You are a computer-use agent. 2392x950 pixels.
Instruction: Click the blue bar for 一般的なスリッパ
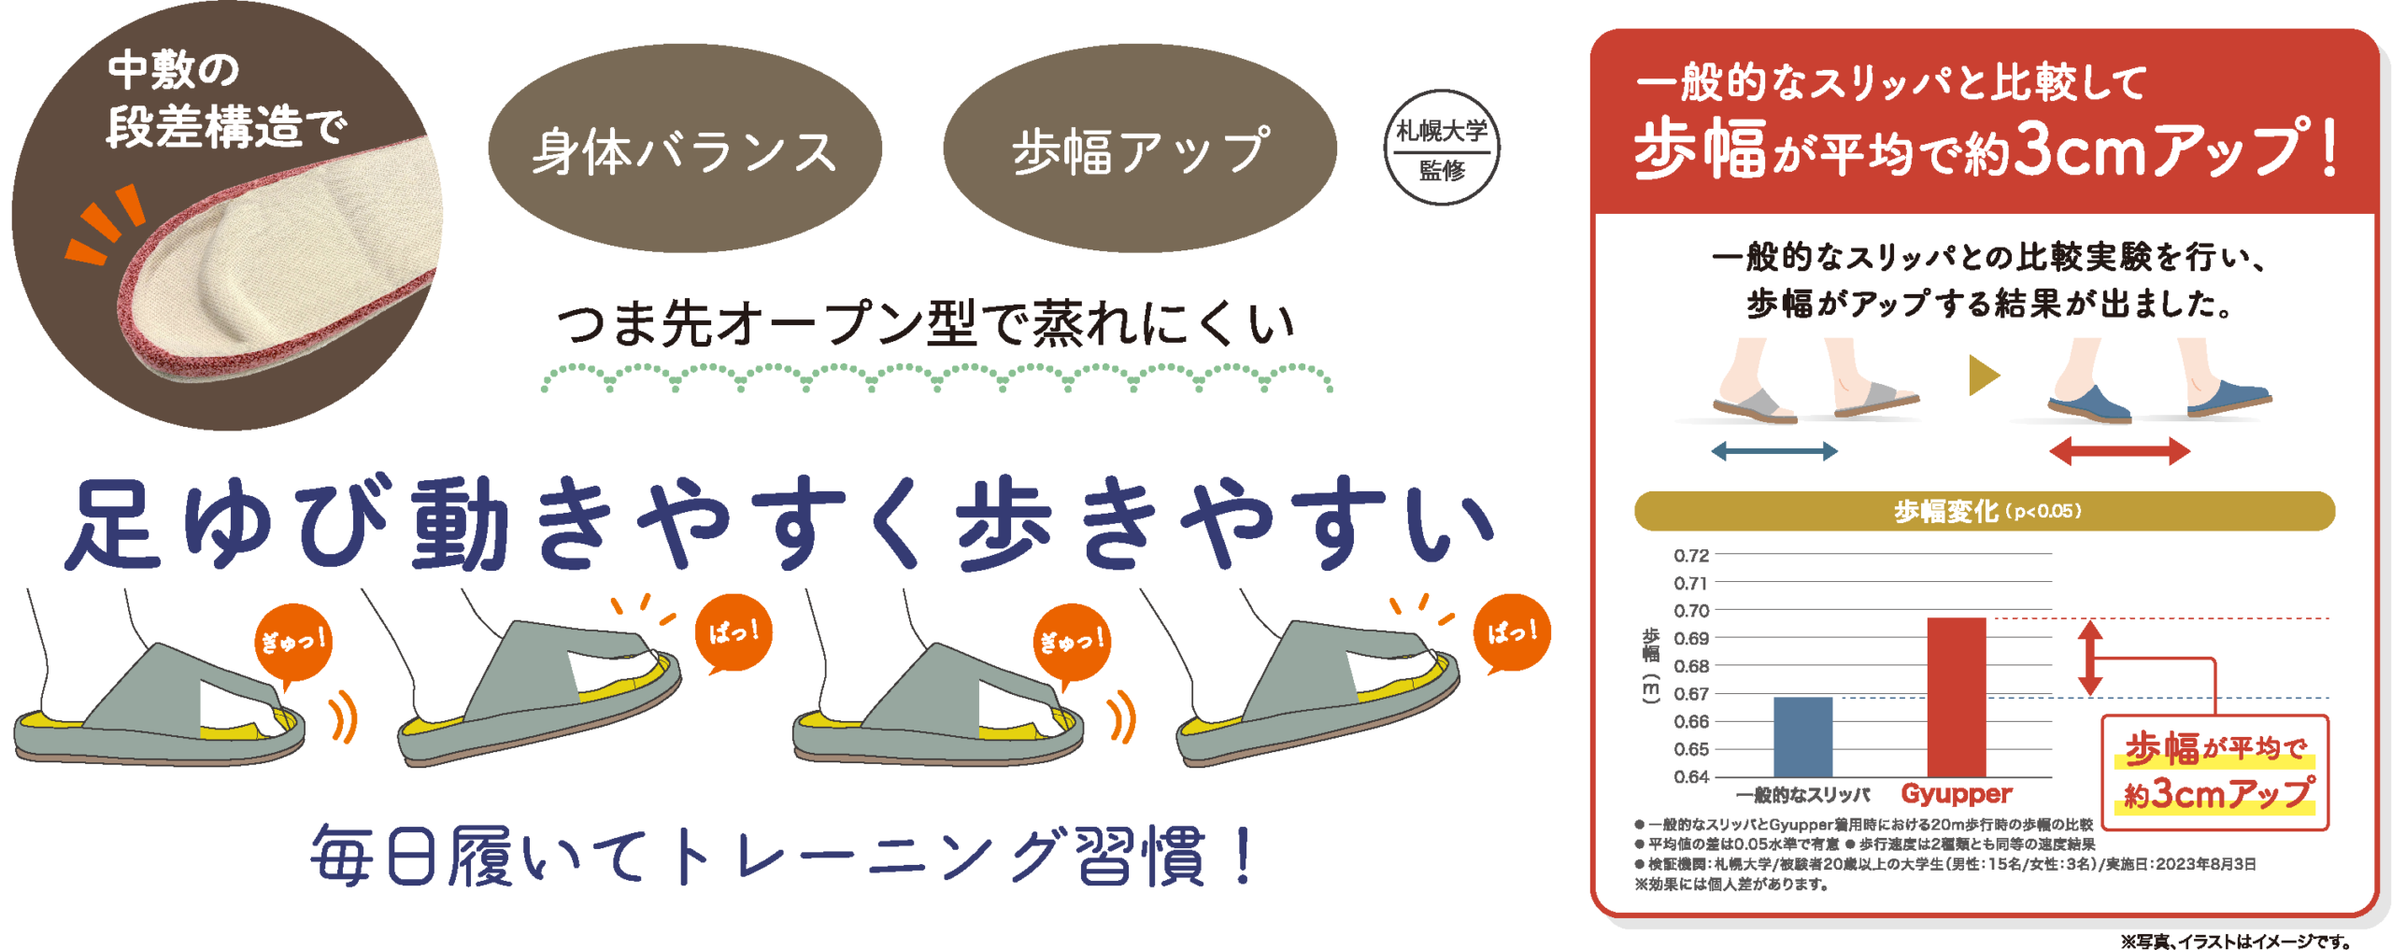(x=1802, y=736)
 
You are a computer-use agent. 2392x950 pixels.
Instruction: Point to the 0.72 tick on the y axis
(x=1691, y=555)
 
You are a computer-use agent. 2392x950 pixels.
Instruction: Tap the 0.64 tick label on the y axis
(x=1691, y=776)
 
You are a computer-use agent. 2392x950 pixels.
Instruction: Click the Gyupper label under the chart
(x=1956, y=794)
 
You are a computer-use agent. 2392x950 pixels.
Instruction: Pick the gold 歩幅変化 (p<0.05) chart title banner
(x=1984, y=511)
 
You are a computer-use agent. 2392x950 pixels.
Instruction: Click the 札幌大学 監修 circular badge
(x=1442, y=149)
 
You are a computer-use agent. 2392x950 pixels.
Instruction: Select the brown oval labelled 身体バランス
(x=685, y=149)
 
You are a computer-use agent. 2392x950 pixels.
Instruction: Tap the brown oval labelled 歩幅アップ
(x=1140, y=149)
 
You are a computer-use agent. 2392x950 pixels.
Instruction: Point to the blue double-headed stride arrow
(x=1774, y=452)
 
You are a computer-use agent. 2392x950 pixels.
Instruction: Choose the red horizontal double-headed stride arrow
(x=2119, y=452)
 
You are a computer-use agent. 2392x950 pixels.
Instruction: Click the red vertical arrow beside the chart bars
(x=2090, y=658)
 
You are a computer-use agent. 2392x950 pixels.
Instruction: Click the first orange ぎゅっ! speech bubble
(x=292, y=642)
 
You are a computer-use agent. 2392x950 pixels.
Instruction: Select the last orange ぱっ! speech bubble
(x=1512, y=633)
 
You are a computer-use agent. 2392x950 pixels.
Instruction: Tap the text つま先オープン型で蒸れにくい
(x=925, y=324)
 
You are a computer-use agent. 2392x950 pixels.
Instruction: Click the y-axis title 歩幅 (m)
(x=1651, y=665)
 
